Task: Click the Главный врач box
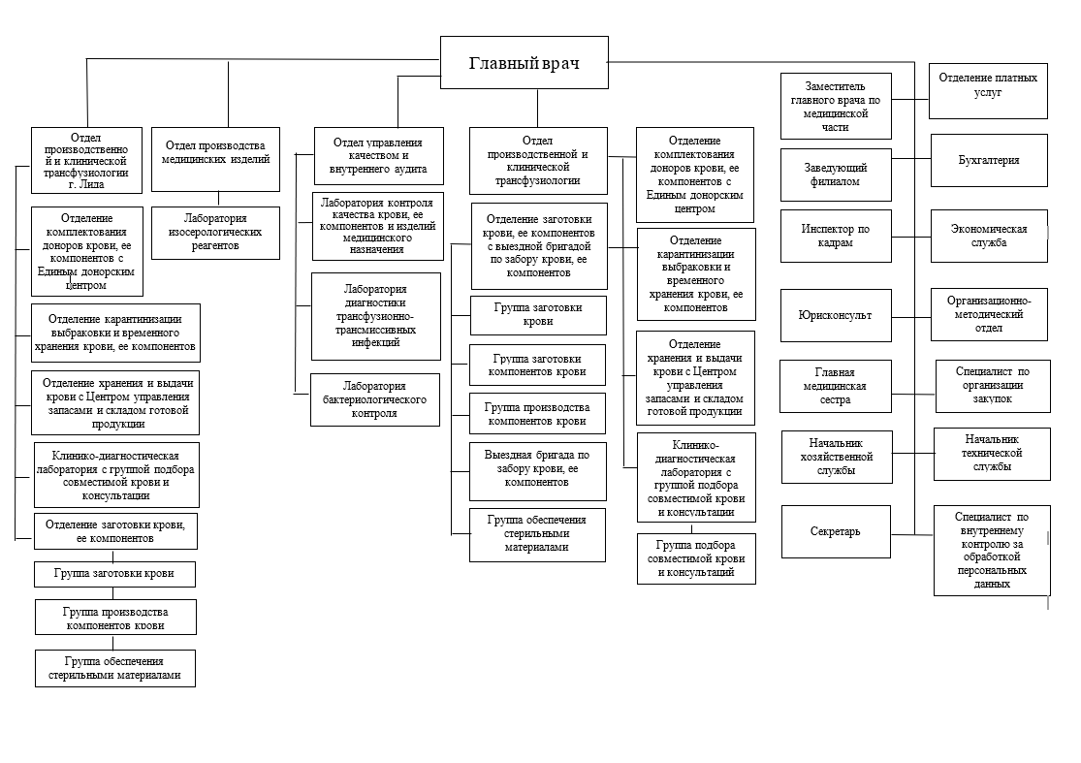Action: coord(525,64)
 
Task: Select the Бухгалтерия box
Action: coord(989,160)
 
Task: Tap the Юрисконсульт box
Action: coord(835,315)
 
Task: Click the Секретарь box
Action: coord(835,531)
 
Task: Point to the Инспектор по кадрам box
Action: coord(835,236)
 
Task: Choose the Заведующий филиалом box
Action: coord(835,175)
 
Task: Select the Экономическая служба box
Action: coord(989,236)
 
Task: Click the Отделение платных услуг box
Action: coord(989,85)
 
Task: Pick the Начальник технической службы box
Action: coord(991,453)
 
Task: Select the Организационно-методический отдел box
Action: coord(989,314)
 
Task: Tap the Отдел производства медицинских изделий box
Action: coord(215,152)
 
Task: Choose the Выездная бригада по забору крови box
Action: coord(537,468)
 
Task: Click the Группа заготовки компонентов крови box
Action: coord(537,364)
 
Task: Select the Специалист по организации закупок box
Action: coord(991,384)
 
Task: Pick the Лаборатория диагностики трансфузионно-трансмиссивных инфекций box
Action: coord(374,315)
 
